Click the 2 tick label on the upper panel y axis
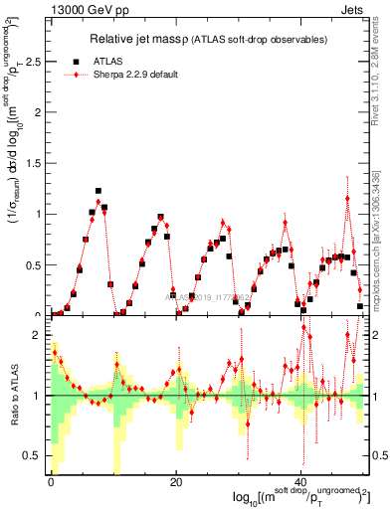(x=40, y=112)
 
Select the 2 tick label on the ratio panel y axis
(x=40, y=335)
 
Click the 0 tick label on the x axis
(x=50, y=481)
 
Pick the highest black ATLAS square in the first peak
(x=98, y=191)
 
